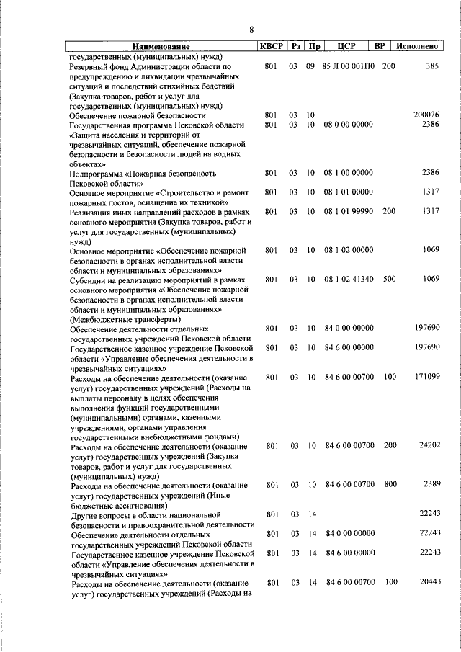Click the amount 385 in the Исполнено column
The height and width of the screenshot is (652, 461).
tap(432, 66)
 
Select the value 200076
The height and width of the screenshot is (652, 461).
tap(426, 115)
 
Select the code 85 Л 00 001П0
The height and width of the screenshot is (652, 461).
tap(349, 66)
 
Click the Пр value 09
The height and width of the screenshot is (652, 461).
tap(311, 66)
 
